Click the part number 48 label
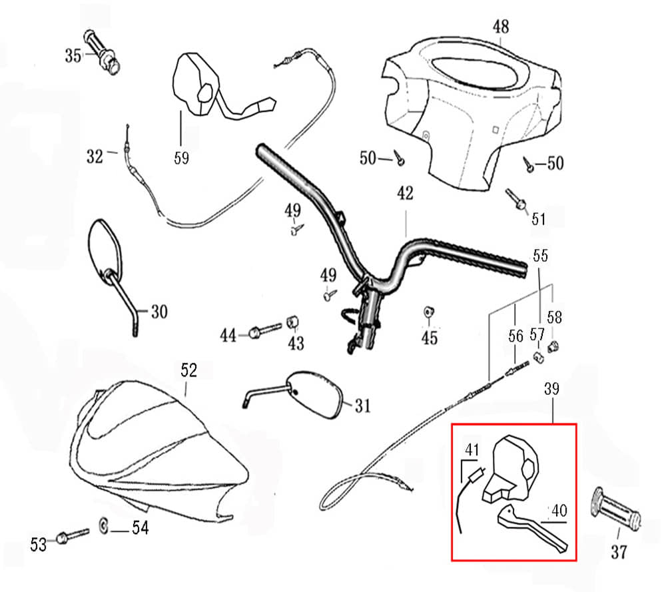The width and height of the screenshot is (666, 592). tap(500, 27)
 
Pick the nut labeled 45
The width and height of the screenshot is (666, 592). tap(430, 312)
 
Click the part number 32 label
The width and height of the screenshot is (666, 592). tap(96, 156)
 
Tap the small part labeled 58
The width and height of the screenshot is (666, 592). tap(551, 346)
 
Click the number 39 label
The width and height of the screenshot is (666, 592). tap(553, 388)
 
